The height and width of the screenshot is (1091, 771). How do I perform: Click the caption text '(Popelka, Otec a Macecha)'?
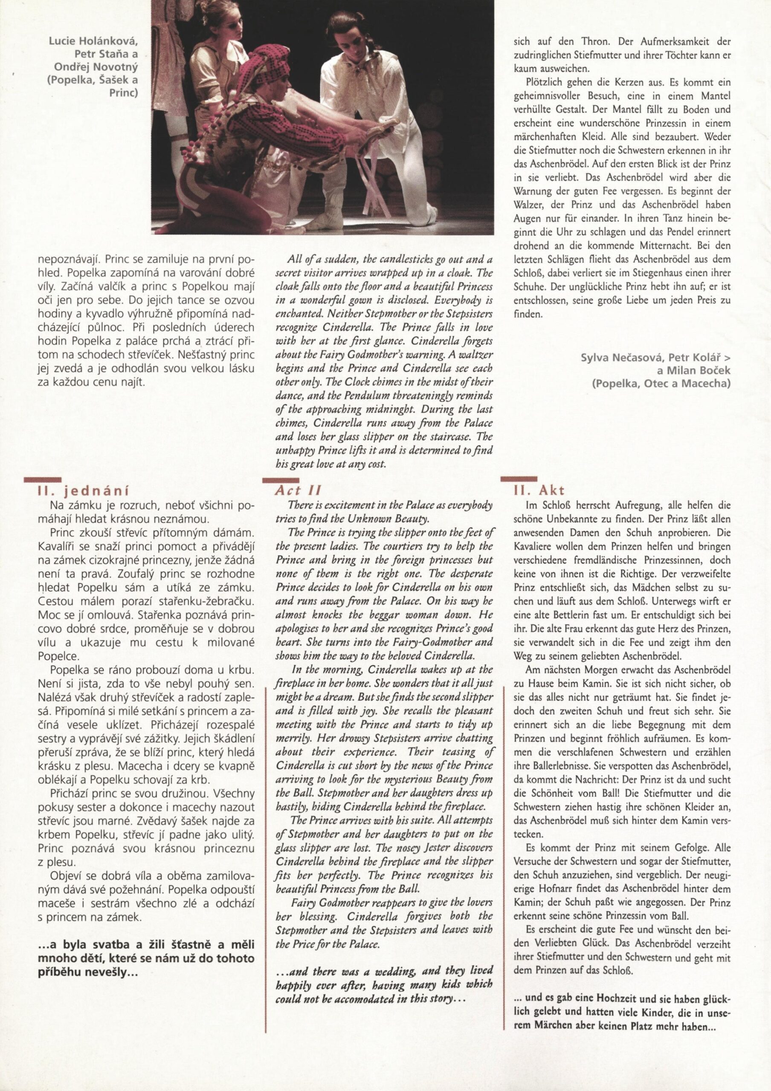point(661,384)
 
